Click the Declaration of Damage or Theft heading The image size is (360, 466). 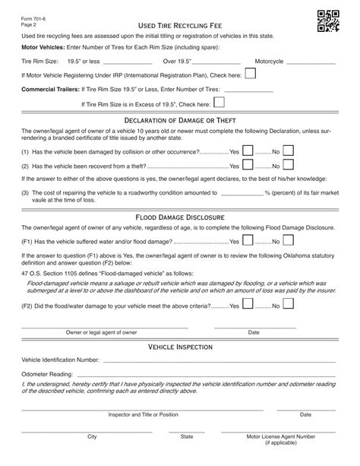click(180, 121)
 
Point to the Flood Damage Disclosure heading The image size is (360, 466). click(180, 217)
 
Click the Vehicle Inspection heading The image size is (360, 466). click(180, 347)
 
